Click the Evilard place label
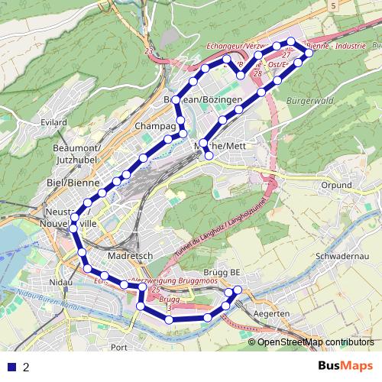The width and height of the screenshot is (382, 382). coord(55,121)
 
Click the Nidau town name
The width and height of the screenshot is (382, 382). coord(57,283)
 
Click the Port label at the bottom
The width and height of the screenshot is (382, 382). coord(118,347)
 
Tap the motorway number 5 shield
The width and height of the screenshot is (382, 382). coord(334,6)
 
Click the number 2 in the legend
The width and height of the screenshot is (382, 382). coord(27,367)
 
